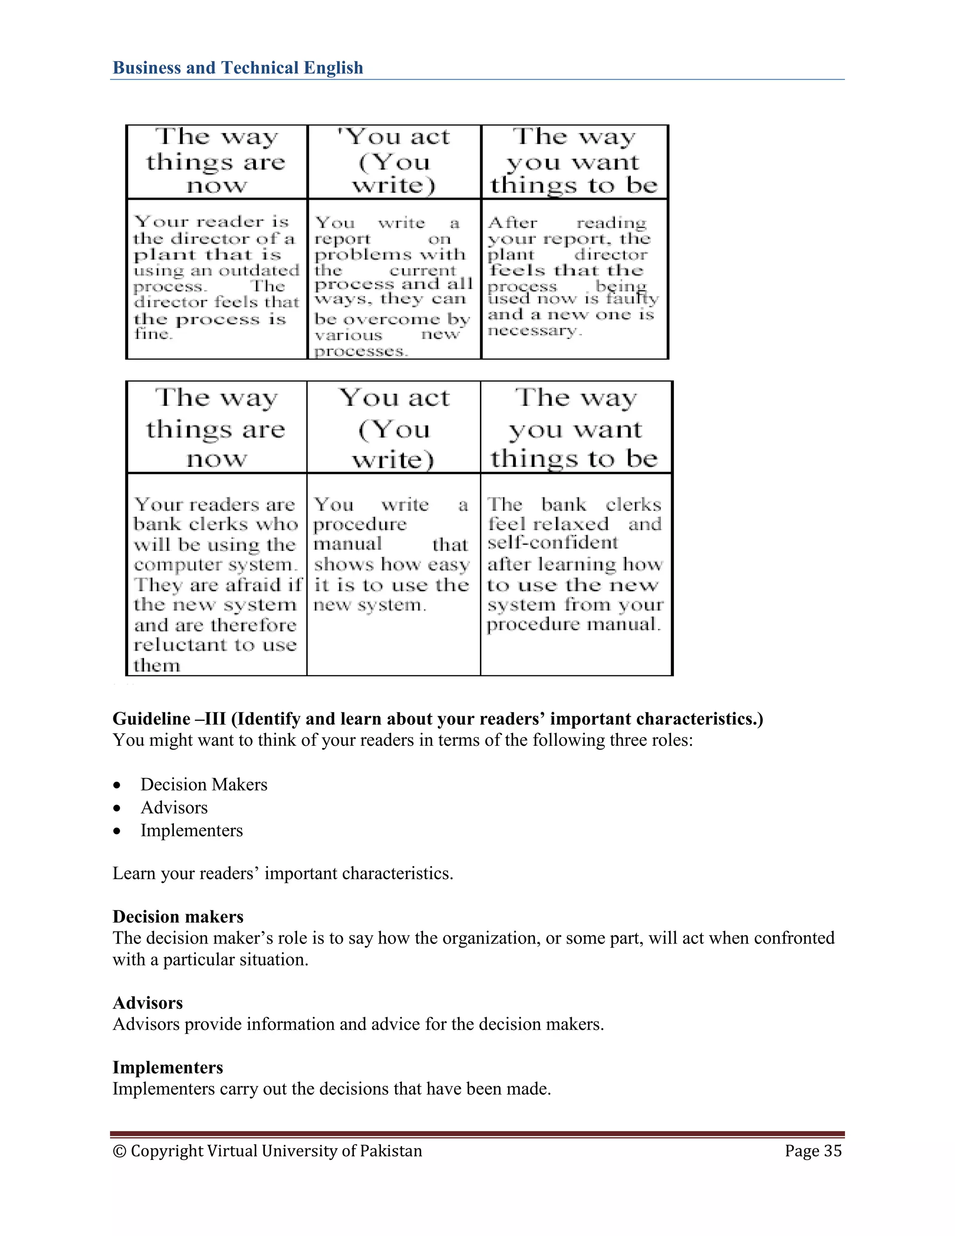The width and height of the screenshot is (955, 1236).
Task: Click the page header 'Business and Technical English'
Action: coord(238,68)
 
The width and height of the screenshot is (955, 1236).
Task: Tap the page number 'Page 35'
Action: coord(813,1151)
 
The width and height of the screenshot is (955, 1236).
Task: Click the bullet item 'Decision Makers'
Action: coord(204,785)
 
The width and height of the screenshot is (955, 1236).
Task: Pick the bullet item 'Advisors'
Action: coord(174,807)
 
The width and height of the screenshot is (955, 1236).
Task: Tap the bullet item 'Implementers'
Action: coord(192,830)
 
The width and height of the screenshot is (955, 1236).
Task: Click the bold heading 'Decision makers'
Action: coord(178,917)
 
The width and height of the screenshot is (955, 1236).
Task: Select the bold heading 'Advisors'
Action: coord(148,1003)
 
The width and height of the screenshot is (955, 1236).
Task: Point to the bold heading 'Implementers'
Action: coord(167,1067)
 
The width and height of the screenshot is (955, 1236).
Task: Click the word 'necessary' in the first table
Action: coord(533,331)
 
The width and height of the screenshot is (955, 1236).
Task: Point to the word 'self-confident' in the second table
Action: coord(553,543)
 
